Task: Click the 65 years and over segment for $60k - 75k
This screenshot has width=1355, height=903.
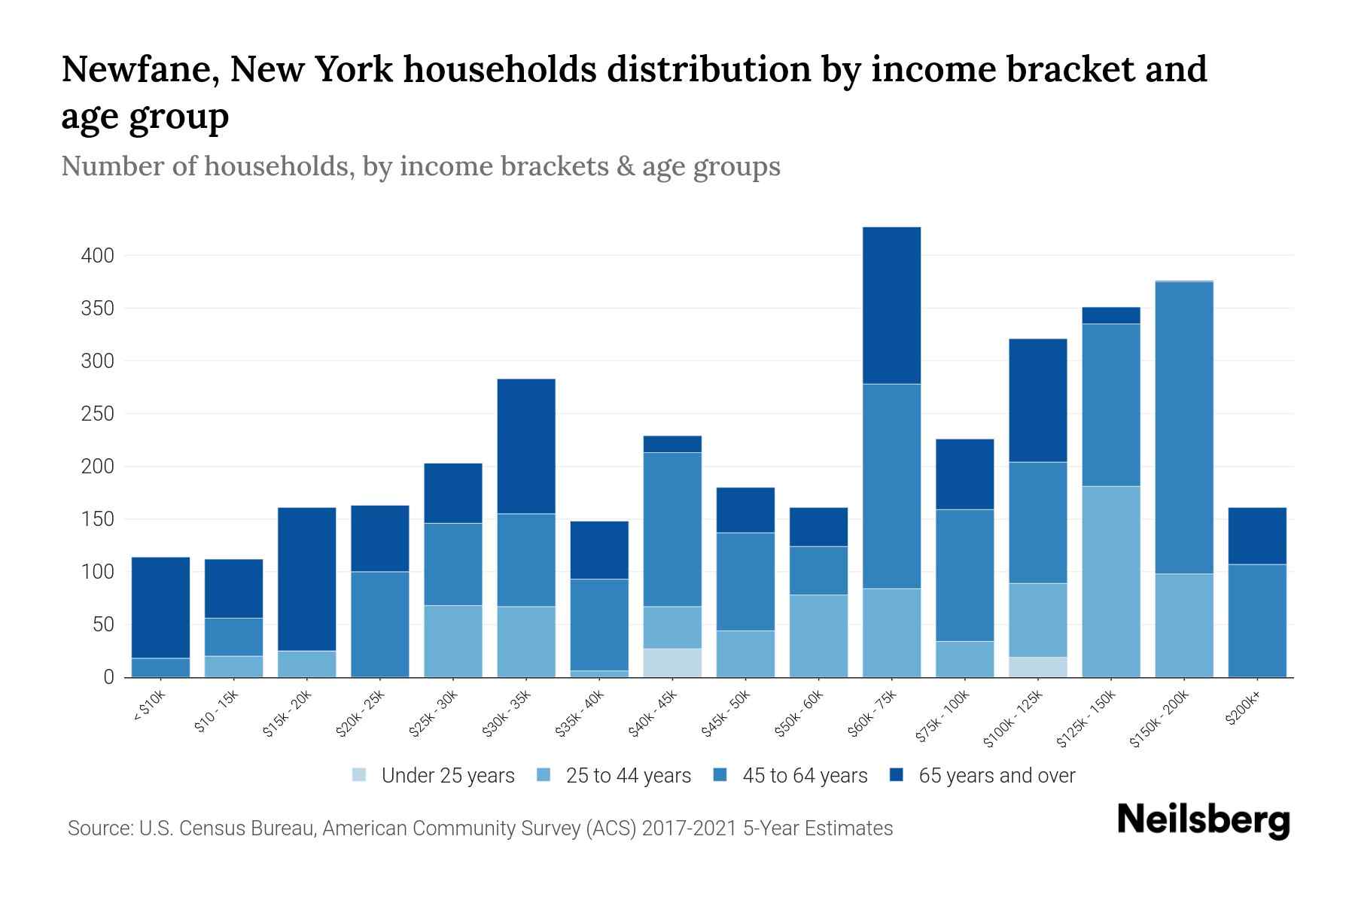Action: click(891, 306)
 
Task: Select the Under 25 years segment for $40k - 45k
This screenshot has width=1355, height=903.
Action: click(672, 663)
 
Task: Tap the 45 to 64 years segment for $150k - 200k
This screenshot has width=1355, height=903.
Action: click(1184, 428)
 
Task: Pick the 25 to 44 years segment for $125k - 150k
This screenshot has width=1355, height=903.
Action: click(1111, 582)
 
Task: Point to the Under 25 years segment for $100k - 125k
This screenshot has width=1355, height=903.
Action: click(1038, 667)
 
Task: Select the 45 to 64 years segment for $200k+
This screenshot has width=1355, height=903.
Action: click(1257, 621)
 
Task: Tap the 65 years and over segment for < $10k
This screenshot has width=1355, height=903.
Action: click(160, 608)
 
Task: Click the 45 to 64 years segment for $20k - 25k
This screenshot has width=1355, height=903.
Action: click(380, 625)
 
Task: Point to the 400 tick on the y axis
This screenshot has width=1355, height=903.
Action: click(98, 256)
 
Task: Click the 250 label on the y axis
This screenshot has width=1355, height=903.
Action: click(98, 414)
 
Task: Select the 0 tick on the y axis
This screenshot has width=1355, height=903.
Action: click(109, 677)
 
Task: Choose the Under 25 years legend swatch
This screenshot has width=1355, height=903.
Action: click(360, 775)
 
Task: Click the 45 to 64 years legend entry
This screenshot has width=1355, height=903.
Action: click(805, 775)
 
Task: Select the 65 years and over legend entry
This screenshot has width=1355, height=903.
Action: click(997, 775)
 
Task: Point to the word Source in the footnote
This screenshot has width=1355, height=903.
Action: click(99, 829)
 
